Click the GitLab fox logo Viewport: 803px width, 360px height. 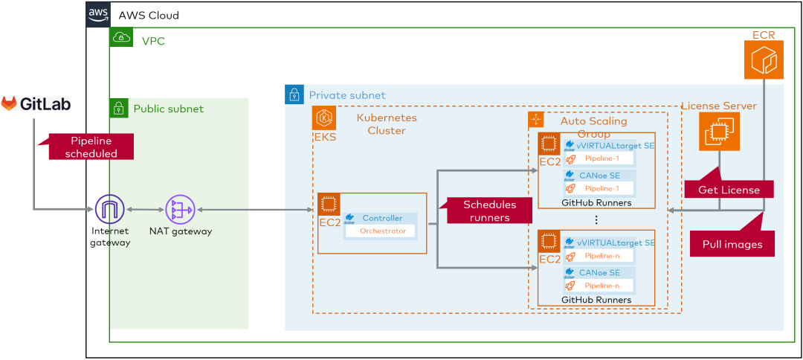9,103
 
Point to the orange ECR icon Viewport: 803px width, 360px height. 764,60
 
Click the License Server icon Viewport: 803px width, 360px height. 718,132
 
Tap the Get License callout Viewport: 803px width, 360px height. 729,190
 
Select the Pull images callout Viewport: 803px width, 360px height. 732,244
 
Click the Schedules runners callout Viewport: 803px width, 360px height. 489,211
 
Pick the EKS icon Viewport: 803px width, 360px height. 324,118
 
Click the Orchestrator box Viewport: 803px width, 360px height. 383,231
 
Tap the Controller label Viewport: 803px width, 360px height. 382,218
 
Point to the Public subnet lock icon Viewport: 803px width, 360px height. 118,109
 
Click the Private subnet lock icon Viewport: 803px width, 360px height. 294,94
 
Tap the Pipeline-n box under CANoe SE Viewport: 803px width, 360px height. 602,286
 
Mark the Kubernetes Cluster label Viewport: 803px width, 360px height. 387,124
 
